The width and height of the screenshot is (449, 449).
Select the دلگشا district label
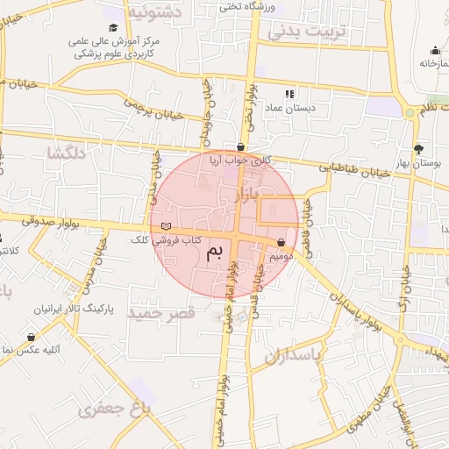[68, 153]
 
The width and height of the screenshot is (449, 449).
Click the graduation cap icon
[113, 27]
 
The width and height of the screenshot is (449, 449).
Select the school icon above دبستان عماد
[290, 94]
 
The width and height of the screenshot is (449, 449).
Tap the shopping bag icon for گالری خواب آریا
[241, 147]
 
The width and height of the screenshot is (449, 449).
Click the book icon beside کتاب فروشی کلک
[167, 227]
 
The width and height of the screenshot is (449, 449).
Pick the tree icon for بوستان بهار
[417, 149]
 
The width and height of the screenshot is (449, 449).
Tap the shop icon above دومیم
[281, 243]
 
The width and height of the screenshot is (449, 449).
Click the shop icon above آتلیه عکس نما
[32, 337]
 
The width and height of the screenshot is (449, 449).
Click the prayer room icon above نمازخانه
[434, 49]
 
